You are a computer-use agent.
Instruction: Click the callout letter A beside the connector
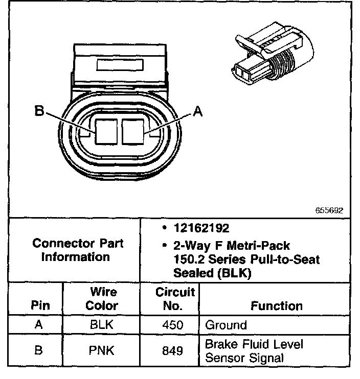tap(198, 110)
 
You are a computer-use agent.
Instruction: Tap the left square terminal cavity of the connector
tap(106, 131)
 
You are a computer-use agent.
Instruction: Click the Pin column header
tap(40, 305)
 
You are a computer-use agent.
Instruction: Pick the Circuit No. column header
tap(175, 299)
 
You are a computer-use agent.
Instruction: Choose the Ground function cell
tap(226, 325)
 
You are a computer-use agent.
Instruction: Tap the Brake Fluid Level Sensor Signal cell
tap(254, 351)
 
